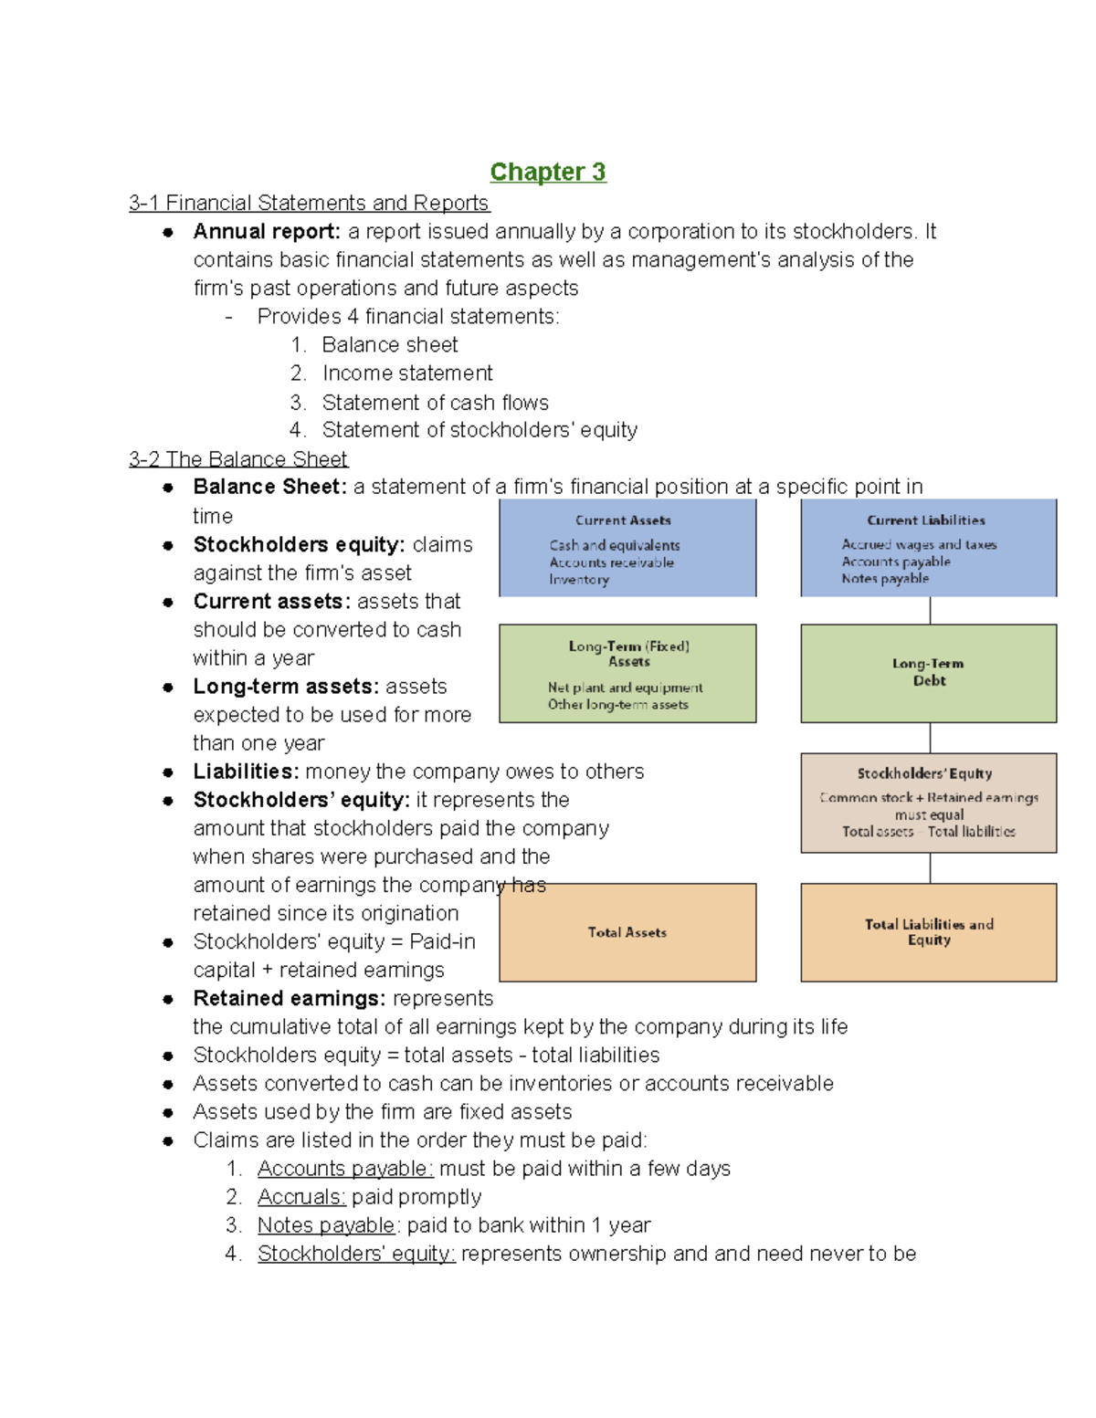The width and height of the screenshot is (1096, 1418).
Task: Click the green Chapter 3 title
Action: [547, 172]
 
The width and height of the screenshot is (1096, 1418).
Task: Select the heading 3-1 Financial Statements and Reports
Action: [309, 203]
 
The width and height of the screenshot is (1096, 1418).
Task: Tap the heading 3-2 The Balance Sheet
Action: [237, 458]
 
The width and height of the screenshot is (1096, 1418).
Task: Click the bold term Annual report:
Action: [267, 232]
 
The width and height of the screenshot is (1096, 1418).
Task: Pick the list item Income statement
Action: [407, 373]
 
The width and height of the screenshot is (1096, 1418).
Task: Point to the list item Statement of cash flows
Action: [435, 403]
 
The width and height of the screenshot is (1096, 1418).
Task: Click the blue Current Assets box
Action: [627, 548]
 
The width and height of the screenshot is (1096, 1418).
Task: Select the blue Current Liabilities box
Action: [928, 548]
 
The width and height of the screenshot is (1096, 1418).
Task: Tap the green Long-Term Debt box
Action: [928, 673]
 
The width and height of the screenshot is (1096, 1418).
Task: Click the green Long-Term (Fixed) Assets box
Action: [627, 674]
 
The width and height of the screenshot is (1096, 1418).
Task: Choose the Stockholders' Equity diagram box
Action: [928, 803]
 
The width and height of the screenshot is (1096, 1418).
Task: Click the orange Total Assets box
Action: [627, 932]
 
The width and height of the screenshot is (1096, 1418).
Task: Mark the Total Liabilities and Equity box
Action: [928, 932]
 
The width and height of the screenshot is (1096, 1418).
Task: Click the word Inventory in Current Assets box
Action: [579, 580]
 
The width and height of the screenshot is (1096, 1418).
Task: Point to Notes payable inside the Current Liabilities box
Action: [885, 578]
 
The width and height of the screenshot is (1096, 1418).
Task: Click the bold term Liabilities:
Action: [246, 772]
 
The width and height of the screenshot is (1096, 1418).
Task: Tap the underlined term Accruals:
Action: [301, 1197]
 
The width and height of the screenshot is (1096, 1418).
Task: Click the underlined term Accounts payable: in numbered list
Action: [345, 1169]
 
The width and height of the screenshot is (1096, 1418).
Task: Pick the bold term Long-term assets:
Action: [286, 687]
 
